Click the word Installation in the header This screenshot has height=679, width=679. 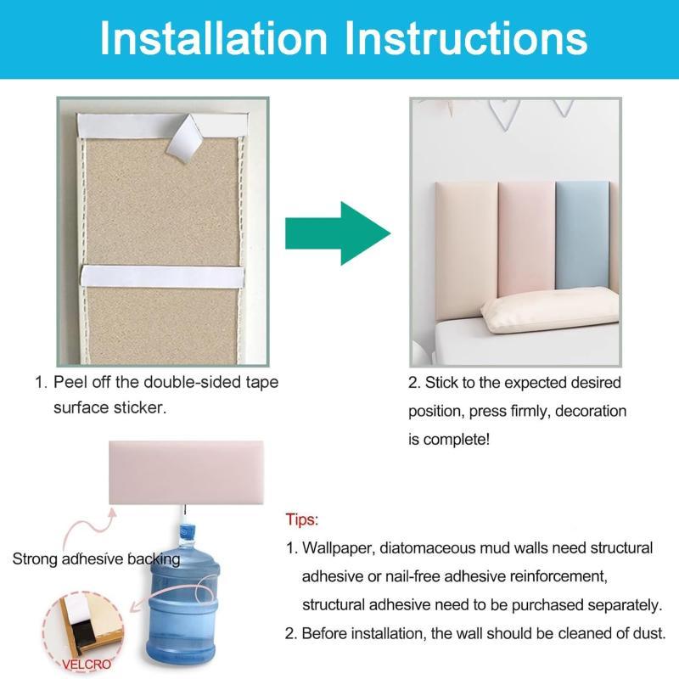click(214, 38)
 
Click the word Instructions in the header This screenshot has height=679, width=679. click(466, 38)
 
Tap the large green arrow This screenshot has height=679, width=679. click(338, 233)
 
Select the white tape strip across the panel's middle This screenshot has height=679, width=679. click(162, 278)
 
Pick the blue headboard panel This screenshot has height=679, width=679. click(582, 235)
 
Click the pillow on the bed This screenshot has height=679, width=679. click(550, 310)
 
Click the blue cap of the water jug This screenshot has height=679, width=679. click(187, 533)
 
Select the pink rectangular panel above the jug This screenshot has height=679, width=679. click(186, 473)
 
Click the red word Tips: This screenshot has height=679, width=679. click(302, 519)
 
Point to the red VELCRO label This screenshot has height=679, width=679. click(87, 664)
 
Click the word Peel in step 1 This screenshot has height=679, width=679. click(70, 382)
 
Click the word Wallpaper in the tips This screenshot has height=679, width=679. click(338, 548)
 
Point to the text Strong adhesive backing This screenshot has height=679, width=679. click(96, 559)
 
